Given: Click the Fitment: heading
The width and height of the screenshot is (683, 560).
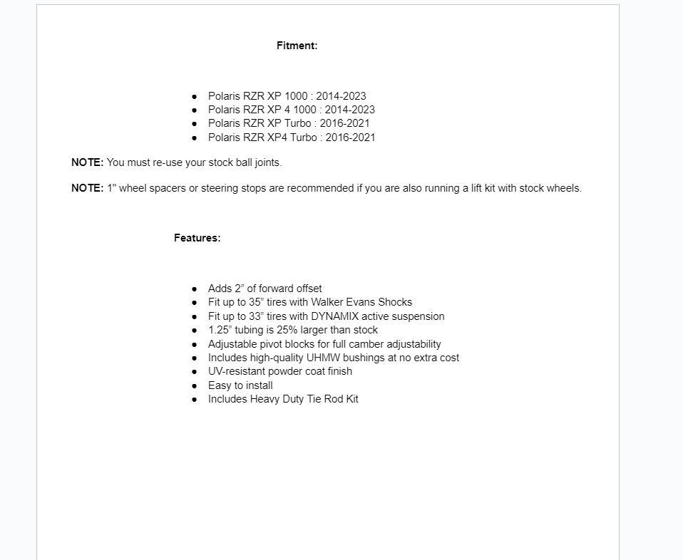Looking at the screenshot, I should point(297,46).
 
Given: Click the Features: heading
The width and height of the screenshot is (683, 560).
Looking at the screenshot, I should point(197,238).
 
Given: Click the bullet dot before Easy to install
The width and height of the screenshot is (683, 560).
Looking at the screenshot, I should point(195,385).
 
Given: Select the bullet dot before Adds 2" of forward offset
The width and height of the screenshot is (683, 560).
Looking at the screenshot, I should point(195,289).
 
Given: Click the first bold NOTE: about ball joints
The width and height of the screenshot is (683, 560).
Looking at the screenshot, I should point(87,162).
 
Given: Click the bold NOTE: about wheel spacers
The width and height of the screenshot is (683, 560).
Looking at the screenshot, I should point(87,189).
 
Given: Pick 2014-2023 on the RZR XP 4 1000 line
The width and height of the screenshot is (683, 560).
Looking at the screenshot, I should point(350,110).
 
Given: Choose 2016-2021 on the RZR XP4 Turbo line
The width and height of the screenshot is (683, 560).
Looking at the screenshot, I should point(350,138).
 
